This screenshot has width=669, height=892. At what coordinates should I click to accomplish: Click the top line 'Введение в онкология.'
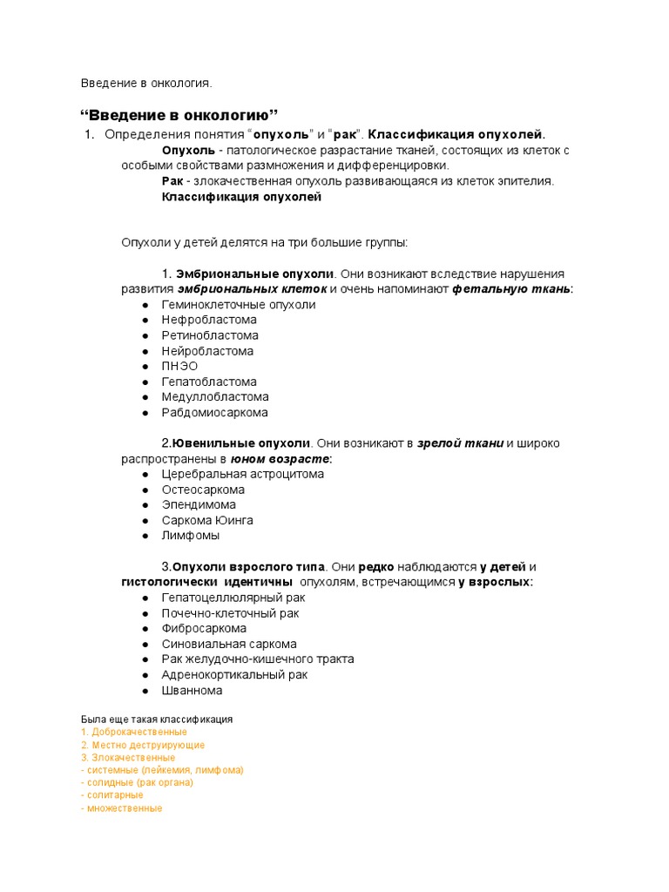pos(146,83)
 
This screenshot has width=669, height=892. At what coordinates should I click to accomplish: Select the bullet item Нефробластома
pos(209,320)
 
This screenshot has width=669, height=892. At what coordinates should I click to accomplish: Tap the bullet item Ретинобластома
pos(210,335)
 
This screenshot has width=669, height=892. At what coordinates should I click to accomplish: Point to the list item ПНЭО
pos(179,366)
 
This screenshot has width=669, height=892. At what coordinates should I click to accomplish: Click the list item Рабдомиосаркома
pos(214,412)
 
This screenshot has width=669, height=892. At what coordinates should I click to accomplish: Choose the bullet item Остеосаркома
pos(203,490)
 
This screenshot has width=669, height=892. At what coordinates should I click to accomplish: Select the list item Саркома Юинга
pos(207,520)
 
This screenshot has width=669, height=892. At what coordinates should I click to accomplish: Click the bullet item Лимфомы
pos(190,536)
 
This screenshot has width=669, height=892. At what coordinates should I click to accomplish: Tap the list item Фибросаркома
pos(204,628)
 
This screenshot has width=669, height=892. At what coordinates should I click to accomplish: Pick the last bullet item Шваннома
pos(192,690)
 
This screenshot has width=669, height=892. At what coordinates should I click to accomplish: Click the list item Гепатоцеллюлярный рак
pos(233,598)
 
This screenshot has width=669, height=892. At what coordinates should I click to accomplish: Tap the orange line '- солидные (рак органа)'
pos(137,782)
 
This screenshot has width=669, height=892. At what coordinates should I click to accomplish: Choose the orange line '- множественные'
pos(121,808)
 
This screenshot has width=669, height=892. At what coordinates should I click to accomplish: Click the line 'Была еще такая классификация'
pos(157,720)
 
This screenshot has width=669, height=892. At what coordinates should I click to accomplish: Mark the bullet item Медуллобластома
pos(215,396)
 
